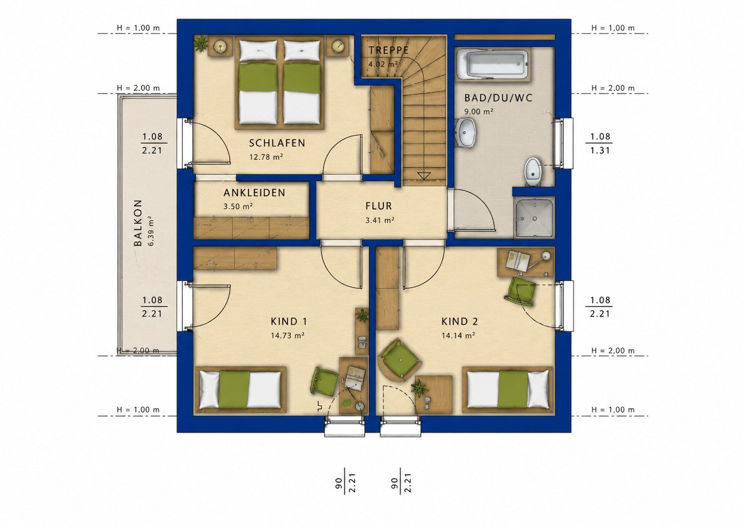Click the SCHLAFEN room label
point(277,143)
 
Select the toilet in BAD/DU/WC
point(533,171)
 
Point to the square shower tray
point(534,218)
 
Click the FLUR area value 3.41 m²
point(380,220)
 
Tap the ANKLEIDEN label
point(254,193)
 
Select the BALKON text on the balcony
point(138,223)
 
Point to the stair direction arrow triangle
point(424,175)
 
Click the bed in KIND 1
point(241,390)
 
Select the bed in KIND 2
point(508,390)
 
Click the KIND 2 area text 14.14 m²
point(458,336)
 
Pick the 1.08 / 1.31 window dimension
point(600,143)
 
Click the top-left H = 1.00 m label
point(138,28)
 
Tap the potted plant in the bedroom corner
point(200,43)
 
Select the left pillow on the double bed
point(258,50)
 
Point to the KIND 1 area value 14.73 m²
point(287,336)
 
